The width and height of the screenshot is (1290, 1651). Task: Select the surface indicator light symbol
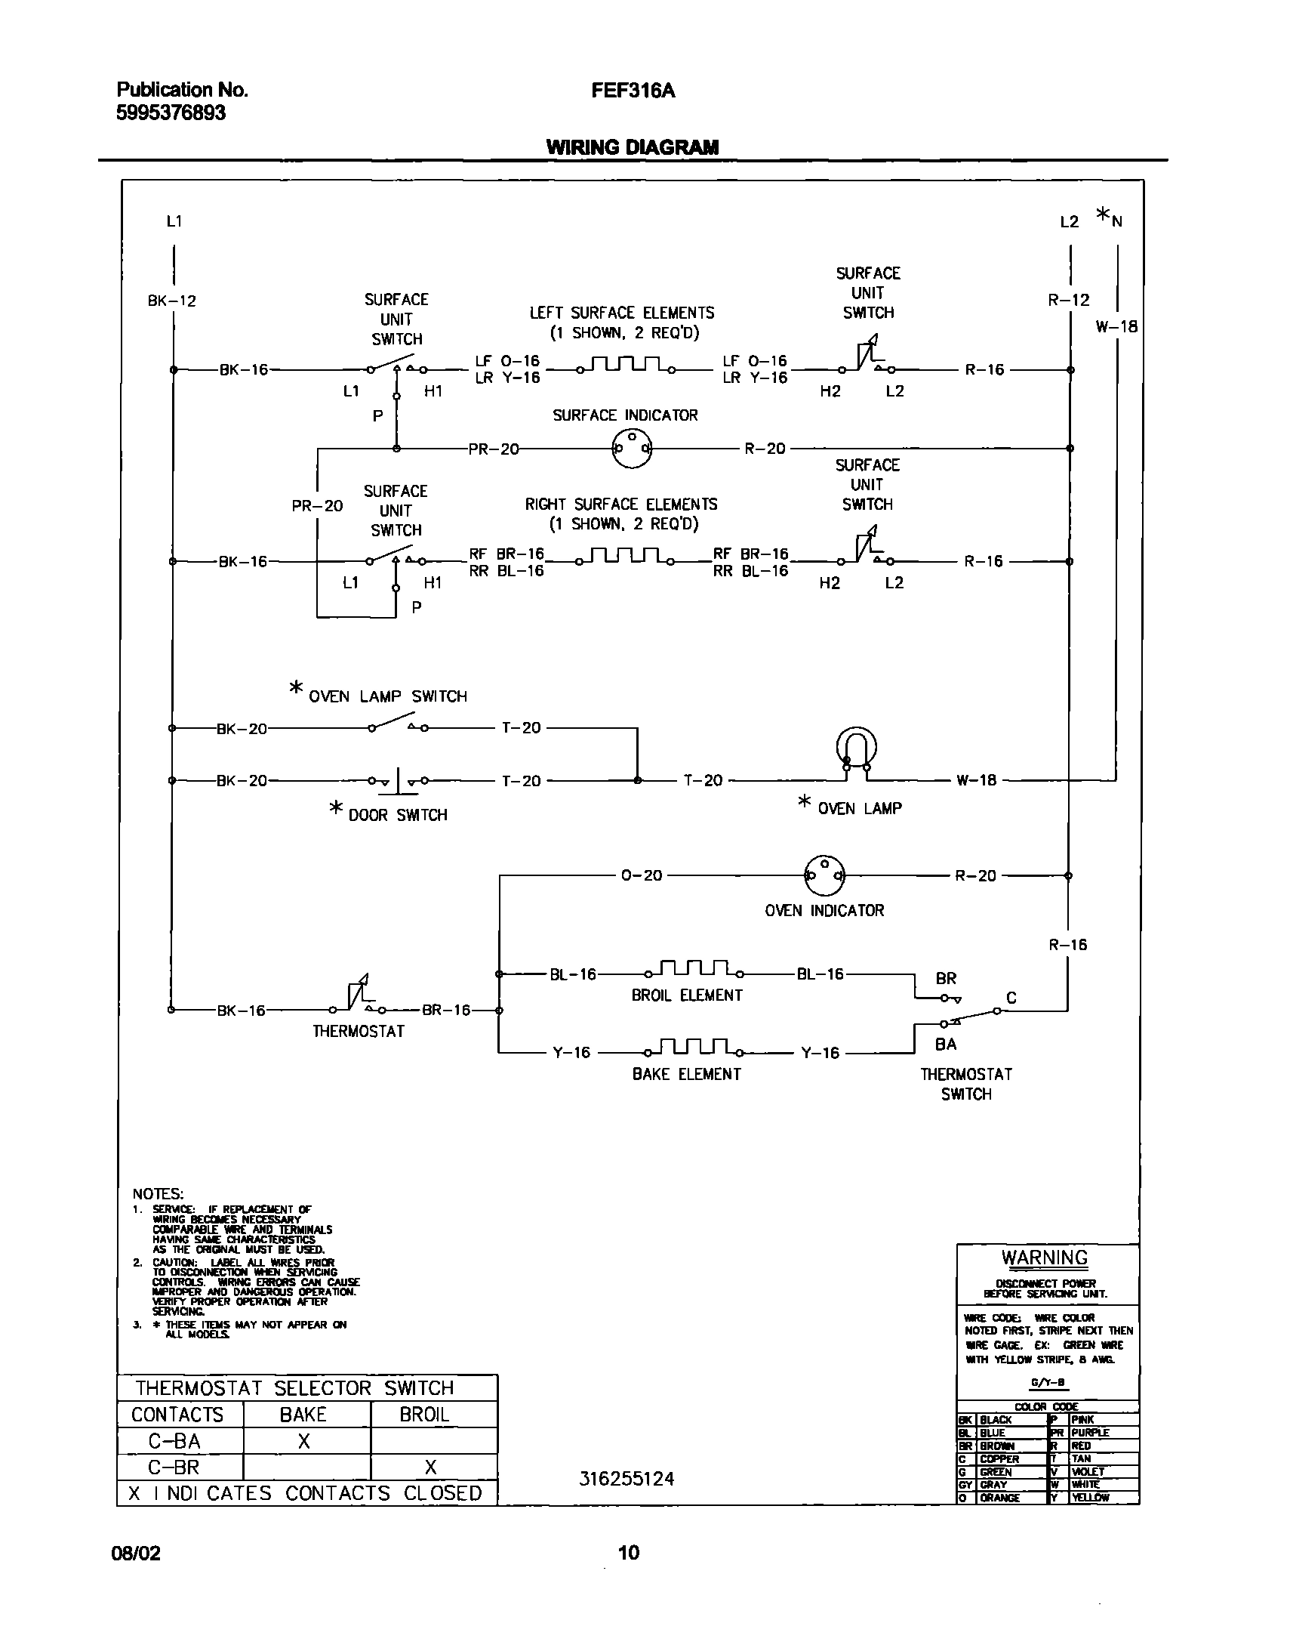pyautogui.click(x=631, y=449)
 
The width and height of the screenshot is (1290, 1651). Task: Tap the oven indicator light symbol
pyautogui.click(x=824, y=875)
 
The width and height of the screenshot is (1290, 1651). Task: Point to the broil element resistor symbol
pyautogui.click(x=694, y=969)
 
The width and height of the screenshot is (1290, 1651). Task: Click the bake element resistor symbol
pyautogui.click(x=694, y=1048)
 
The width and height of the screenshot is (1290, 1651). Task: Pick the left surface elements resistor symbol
pyautogui.click(x=626, y=365)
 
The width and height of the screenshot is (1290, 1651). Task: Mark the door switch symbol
pyautogui.click(x=399, y=782)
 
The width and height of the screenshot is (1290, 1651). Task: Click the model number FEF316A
pyautogui.click(x=633, y=91)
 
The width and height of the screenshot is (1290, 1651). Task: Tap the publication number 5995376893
pyautogui.click(x=171, y=113)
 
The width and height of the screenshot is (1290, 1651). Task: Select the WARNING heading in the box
pyautogui.click(x=1045, y=1258)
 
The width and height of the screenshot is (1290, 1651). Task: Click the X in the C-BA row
pyautogui.click(x=303, y=1442)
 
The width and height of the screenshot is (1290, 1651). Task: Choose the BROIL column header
pyautogui.click(x=424, y=1415)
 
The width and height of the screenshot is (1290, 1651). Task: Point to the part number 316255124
pyautogui.click(x=627, y=1480)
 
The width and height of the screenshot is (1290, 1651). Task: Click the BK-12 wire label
pyautogui.click(x=171, y=301)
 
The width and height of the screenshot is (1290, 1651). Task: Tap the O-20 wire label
pyautogui.click(x=641, y=875)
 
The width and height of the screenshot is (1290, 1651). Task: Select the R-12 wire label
pyautogui.click(x=1068, y=300)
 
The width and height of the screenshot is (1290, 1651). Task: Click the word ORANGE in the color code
pyautogui.click(x=999, y=1498)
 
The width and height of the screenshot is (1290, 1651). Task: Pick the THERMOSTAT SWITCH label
pyautogui.click(x=965, y=1084)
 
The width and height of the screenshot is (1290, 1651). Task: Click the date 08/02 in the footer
pyautogui.click(x=136, y=1554)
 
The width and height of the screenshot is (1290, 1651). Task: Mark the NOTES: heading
pyautogui.click(x=158, y=1194)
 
